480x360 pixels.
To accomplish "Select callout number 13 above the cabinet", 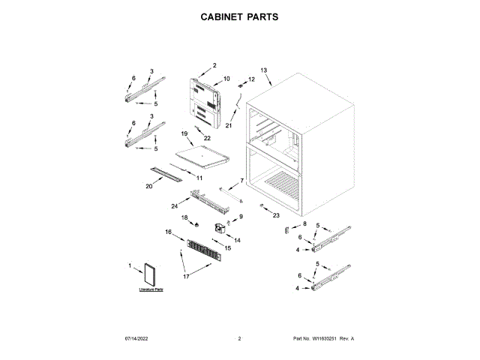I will tap(264, 70).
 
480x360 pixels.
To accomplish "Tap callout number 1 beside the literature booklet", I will tap(130, 265).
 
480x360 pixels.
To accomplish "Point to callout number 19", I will tap(184, 133).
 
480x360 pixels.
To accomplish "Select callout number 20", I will tap(149, 185).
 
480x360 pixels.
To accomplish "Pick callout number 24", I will tap(174, 205).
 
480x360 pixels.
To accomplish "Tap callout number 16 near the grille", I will tap(169, 232).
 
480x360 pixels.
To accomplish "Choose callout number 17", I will tap(186, 276).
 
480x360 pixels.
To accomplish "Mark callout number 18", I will tap(184, 217).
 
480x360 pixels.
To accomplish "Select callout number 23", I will tap(276, 215).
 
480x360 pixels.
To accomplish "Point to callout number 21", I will tap(229, 126).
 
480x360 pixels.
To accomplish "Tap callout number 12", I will tap(252, 79).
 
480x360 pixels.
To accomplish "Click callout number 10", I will tap(226, 79).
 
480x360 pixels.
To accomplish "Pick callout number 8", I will tap(305, 223).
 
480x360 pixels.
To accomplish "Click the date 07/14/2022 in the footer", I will tap(138, 340).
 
